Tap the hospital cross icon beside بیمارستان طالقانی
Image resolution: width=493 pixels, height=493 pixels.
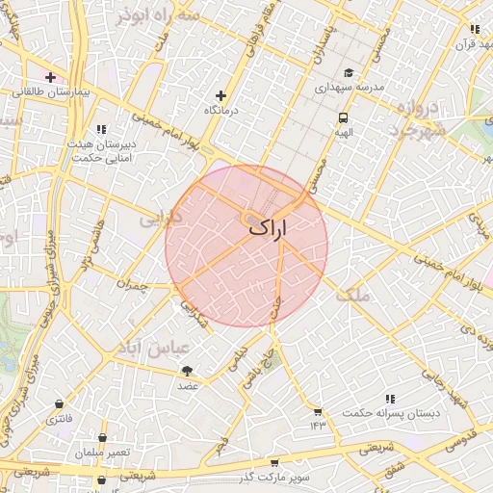tap(50, 77)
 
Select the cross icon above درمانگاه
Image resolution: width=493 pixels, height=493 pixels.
tap(221, 95)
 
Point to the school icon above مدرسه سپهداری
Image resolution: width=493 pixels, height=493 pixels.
tap(349, 72)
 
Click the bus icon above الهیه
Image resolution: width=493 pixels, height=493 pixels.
tap(343, 118)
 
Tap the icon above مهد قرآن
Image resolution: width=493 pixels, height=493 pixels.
tap(474, 29)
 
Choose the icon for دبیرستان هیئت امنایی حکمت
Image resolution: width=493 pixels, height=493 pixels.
tap(100, 129)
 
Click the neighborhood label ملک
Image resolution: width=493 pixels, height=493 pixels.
tap(353, 295)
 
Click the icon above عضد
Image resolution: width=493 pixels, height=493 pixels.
tap(187, 371)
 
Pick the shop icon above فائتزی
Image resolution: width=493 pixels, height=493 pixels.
tap(61, 404)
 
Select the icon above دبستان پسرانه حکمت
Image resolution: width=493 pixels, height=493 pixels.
tap(390, 399)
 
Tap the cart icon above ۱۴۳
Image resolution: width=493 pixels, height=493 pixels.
tap(317, 412)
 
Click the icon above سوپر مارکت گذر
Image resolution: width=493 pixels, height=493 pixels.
tap(274, 463)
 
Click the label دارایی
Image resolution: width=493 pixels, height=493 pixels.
tap(161, 219)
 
